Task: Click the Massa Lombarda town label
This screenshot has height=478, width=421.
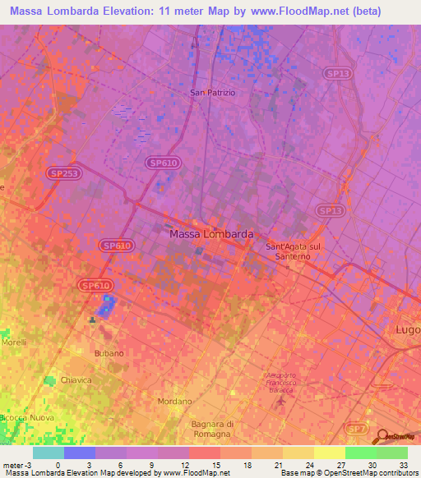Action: point(210,234)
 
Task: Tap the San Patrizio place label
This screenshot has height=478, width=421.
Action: point(212,93)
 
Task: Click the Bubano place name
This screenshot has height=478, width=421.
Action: point(109,353)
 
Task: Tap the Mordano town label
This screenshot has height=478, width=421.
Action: point(174,402)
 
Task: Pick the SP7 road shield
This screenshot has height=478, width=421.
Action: point(355,429)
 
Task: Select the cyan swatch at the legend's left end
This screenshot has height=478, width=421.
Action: point(48,453)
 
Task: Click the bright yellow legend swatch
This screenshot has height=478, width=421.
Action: point(329,453)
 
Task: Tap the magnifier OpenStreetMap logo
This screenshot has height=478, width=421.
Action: point(382,437)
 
